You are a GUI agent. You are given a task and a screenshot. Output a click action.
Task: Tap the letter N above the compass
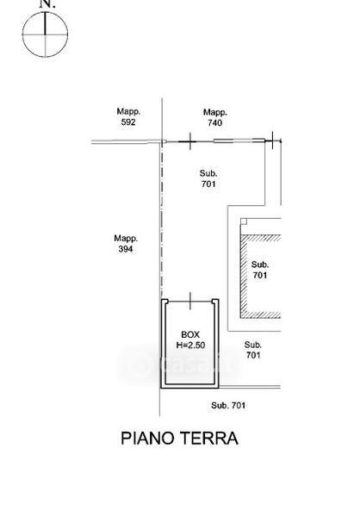point(46,3)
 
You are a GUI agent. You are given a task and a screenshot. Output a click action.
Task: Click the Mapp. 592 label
point(128,116)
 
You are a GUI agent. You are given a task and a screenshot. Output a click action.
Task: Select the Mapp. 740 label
point(215,118)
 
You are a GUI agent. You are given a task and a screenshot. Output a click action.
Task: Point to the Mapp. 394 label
point(126,244)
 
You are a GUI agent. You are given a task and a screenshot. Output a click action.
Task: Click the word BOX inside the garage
point(190,334)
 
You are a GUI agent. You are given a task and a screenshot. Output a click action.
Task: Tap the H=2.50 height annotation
point(190,346)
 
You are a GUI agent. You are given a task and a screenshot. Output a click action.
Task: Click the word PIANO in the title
point(147,439)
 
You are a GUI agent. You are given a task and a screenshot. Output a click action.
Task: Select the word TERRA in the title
point(209,439)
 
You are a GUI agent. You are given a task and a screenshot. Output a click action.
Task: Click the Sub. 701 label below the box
point(228,405)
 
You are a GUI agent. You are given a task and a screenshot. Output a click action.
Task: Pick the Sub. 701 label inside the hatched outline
point(260,270)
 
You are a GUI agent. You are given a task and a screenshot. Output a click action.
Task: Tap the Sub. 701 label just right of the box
point(253,350)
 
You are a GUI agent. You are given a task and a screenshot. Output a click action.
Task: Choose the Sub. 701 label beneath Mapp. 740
point(208,178)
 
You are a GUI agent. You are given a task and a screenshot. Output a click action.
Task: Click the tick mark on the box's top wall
point(190,301)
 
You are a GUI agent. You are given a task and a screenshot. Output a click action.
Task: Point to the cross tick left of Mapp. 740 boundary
point(189,141)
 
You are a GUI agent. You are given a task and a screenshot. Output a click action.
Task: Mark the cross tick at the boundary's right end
point(273,140)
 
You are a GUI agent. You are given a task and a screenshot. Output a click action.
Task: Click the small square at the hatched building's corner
point(244,221)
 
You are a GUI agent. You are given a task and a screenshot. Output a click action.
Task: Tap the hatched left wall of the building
point(244,277)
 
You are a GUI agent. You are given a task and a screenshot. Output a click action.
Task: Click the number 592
point(128,122)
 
